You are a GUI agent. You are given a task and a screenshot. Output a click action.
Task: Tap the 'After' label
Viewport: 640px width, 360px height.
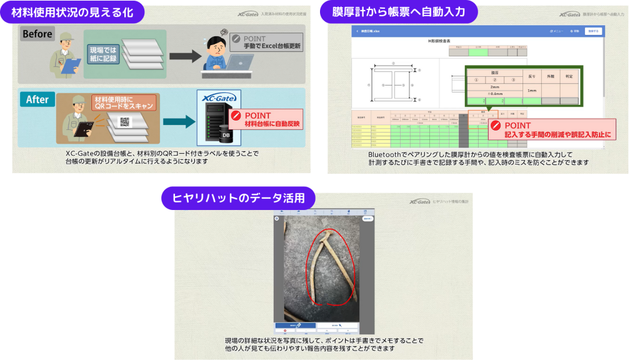coord(37,99)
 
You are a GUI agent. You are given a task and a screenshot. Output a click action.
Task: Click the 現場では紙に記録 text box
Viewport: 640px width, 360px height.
coord(101,56)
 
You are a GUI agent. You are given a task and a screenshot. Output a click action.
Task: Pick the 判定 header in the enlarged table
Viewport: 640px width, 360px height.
coord(568,76)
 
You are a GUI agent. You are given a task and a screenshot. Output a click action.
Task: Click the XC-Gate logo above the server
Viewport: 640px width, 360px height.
coord(216,98)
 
